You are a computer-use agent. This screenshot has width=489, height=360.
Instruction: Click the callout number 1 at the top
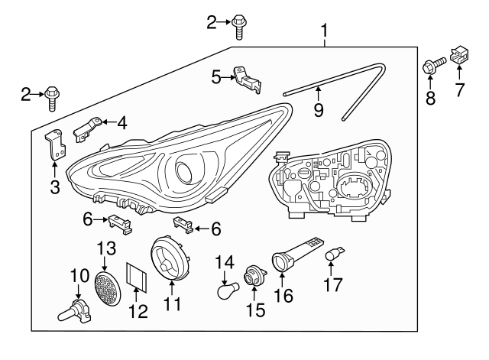(325, 31)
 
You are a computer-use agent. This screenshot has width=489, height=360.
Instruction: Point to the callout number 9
(318, 110)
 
